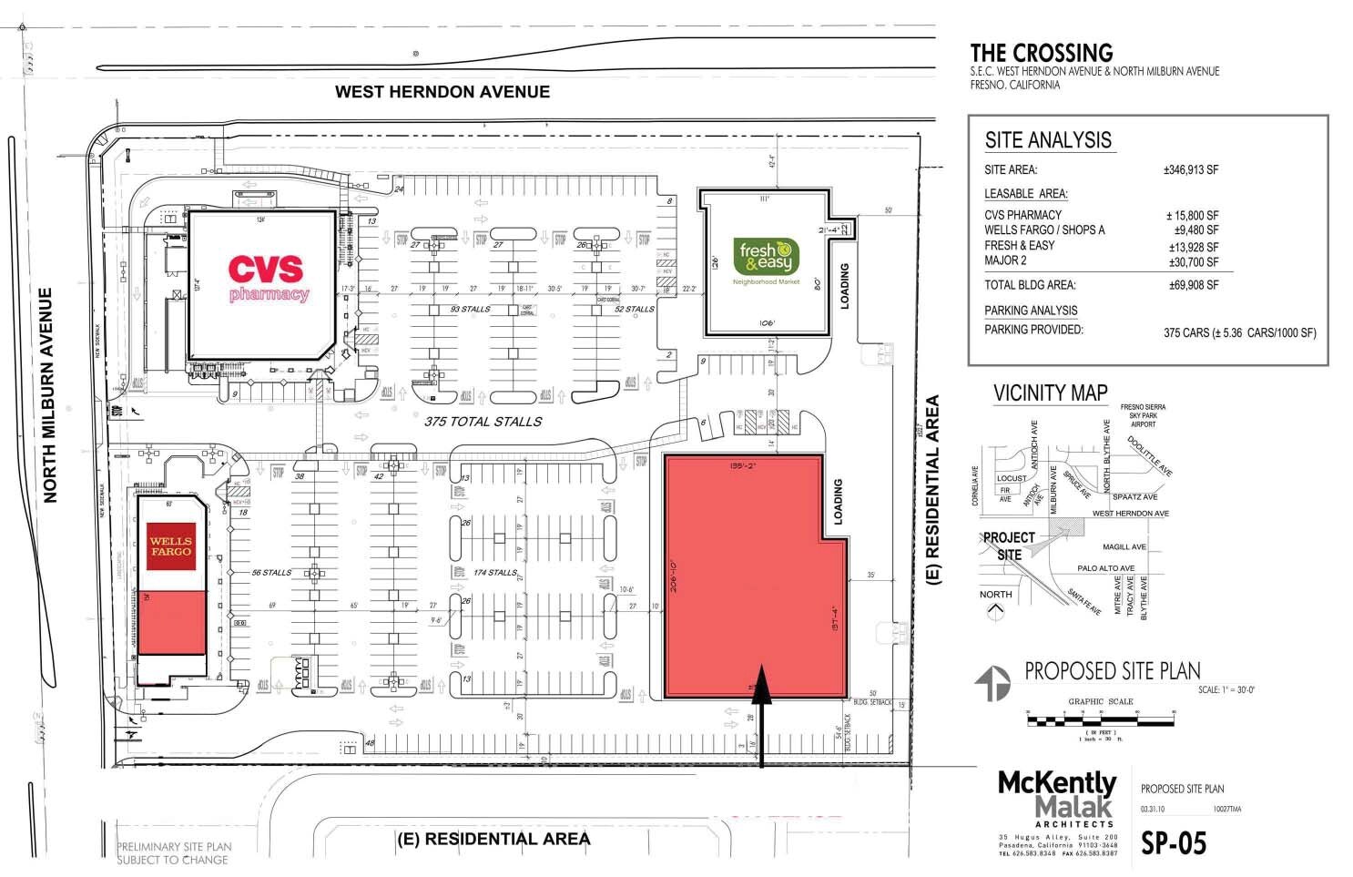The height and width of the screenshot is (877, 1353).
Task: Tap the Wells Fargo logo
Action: pyautogui.click(x=170, y=546)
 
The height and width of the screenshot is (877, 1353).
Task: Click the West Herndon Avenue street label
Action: pyautogui.click(x=442, y=92)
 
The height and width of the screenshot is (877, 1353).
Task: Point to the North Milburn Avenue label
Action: pyautogui.click(x=50, y=395)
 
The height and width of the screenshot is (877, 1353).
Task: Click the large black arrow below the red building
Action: pyautogui.click(x=761, y=719)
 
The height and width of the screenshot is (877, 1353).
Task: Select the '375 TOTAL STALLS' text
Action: pyautogui.click(x=483, y=422)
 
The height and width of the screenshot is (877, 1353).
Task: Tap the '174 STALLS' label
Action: pyautogui.click(x=495, y=573)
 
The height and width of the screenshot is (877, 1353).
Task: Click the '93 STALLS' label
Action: pyautogui.click(x=470, y=310)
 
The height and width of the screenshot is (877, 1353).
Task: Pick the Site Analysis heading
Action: pyautogui.click(x=1048, y=140)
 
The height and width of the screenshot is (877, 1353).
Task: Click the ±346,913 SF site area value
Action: pyautogui.click(x=1190, y=170)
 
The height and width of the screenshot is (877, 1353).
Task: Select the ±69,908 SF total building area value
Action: pyautogui.click(x=1193, y=285)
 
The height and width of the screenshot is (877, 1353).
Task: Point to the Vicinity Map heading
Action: pyautogui.click(x=1050, y=393)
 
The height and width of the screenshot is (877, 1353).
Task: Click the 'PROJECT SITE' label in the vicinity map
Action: pyautogui.click(x=1009, y=546)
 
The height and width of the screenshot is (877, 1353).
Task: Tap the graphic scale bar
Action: pyautogui.click(x=1100, y=720)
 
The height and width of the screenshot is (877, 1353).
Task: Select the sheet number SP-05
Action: pyautogui.click(x=1174, y=843)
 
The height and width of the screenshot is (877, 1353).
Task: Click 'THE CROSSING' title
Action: pyautogui.click(x=1041, y=53)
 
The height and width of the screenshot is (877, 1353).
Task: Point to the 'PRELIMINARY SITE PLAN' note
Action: pyautogui.click(x=174, y=853)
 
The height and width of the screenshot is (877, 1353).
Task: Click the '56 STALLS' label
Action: pyautogui.click(x=271, y=573)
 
